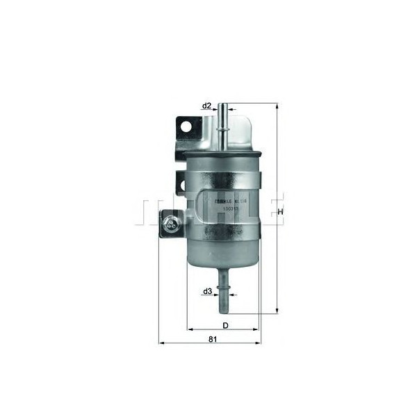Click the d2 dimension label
(x=206, y=106)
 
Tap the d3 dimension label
(x=207, y=292)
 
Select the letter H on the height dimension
(x=281, y=211)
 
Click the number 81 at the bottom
(x=213, y=339)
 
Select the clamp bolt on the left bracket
(x=170, y=224)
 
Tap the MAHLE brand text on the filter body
(x=221, y=199)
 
